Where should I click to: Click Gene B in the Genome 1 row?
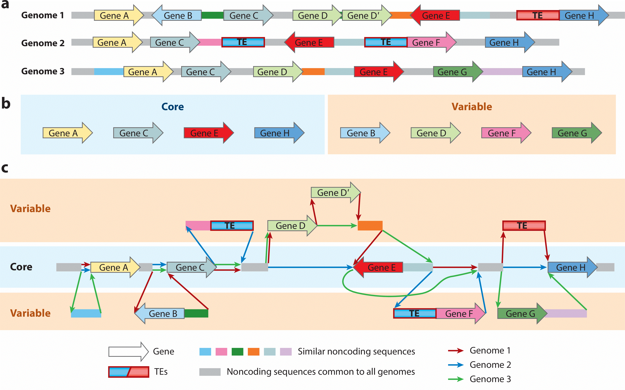(x=177, y=15)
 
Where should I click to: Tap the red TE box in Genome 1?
(x=538, y=15)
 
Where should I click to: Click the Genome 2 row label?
(x=43, y=43)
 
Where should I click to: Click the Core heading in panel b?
(x=172, y=107)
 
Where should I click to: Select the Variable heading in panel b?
(x=472, y=107)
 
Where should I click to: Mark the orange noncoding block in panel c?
(x=370, y=226)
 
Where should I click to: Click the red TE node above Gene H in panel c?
(x=524, y=226)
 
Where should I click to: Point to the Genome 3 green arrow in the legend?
(x=456, y=379)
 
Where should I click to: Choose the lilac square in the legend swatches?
(x=286, y=352)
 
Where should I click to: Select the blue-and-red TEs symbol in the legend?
(x=129, y=372)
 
